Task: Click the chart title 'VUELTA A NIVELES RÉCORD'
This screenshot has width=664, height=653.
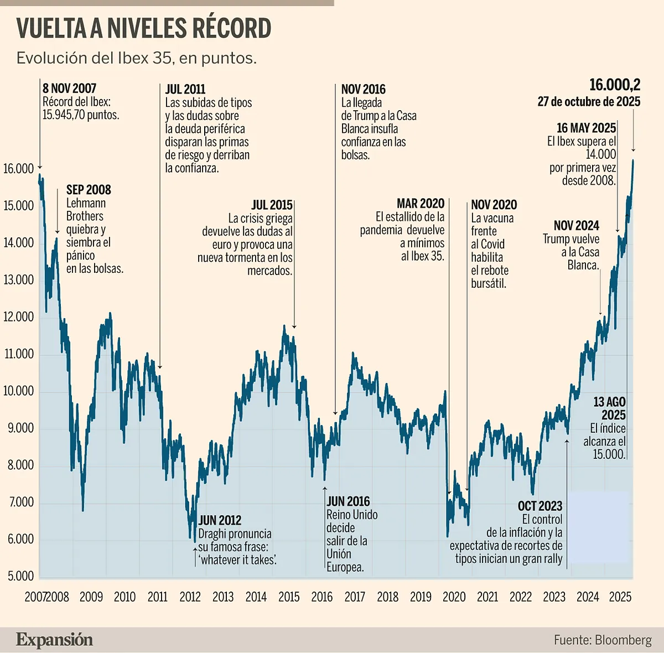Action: (144, 29)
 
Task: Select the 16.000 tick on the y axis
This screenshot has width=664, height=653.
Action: (19, 169)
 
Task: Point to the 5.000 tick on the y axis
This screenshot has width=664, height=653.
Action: (20, 576)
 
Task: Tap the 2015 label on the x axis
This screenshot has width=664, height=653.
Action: (289, 597)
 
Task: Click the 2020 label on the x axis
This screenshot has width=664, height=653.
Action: (454, 597)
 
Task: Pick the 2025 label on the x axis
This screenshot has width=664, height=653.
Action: (620, 597)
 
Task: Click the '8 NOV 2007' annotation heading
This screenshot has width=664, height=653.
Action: (69, 89)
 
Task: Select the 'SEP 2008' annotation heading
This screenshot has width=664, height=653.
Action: (89, 190)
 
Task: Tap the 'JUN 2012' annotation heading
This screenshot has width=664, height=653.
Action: (220, 520)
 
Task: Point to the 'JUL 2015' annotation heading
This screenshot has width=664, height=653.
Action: (272, 205)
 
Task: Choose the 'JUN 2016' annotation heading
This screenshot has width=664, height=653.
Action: (348, 501)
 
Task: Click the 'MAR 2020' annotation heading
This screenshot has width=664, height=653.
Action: (421, 204)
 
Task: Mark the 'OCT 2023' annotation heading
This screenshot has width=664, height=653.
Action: (540, 506)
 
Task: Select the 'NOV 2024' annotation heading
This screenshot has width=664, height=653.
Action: (577, 226)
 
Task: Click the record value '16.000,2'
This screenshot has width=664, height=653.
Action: (615, 85)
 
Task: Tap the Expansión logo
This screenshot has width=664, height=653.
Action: (54, 640)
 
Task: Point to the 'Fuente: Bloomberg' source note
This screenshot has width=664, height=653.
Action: (603, 640)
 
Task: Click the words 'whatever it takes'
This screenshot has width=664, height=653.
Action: (238, 560)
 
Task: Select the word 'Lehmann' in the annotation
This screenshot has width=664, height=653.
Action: (86, 203)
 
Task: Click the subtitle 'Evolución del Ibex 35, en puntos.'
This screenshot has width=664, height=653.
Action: (136, 58)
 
